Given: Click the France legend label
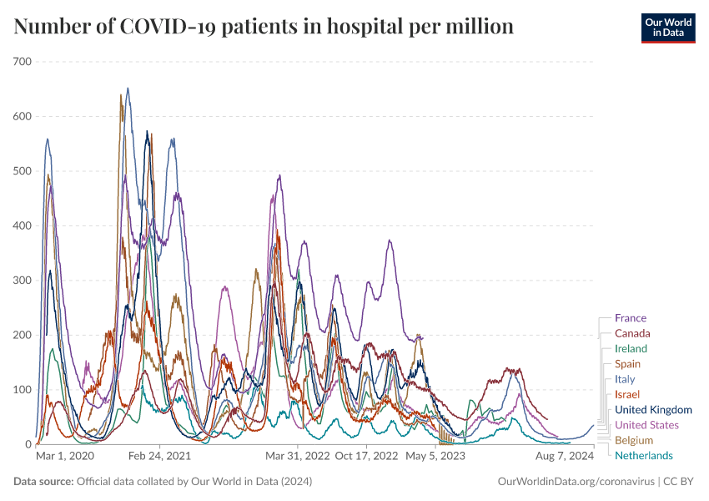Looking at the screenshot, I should (x=630, y=318).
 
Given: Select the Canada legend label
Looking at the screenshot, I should (x=632, y=333).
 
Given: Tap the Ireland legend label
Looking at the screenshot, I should (x=631, y=348).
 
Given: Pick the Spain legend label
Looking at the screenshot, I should (x=627, y=364).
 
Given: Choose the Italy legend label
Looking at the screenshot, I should (x=625, y=379).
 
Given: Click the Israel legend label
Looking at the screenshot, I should (x=626, y=394).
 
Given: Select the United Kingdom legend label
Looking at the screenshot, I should (x=653, y=409).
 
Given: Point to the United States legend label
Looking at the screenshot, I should (x=646, y=425).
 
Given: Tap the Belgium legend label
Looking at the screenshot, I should (x=633, y=440).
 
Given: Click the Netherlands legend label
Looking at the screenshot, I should (x=643, y=455).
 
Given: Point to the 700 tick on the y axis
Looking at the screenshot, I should (x=22, y=62).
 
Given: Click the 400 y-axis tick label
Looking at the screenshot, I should (x=22, y=225).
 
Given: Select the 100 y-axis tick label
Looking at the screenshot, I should (x=22, y=390).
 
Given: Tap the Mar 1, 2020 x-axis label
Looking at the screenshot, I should (x=65, y=457).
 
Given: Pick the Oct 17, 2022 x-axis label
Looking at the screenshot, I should (x=366, y=457).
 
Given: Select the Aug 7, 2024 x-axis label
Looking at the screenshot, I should (x=565, y=457).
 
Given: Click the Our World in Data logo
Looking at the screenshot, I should (x=667, y=28).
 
